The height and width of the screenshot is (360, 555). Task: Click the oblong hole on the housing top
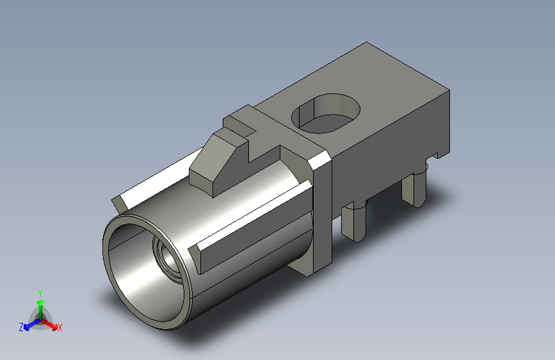click(x=326, y=113)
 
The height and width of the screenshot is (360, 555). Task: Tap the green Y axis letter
click(x=40, y=293)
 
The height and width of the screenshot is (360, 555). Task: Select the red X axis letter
click(x=60, y=328)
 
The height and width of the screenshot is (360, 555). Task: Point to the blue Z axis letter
click(x=21, y=327)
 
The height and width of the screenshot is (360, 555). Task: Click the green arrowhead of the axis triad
click(x=41, y=303)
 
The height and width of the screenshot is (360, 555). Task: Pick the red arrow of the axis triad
click(x=49, y=323)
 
